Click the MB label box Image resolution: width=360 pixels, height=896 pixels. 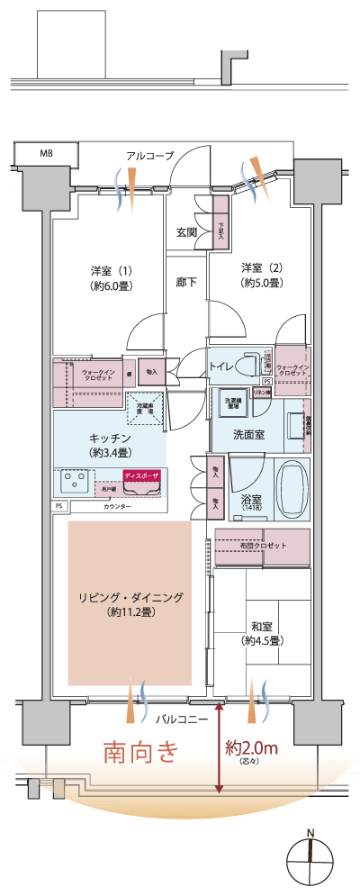[46, 153]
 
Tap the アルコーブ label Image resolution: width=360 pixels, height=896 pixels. [149, 156]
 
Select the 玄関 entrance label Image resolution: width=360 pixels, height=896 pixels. [186, 232]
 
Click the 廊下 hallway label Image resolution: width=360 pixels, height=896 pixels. [186, 282]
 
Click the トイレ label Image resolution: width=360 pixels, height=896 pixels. [221, 367]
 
